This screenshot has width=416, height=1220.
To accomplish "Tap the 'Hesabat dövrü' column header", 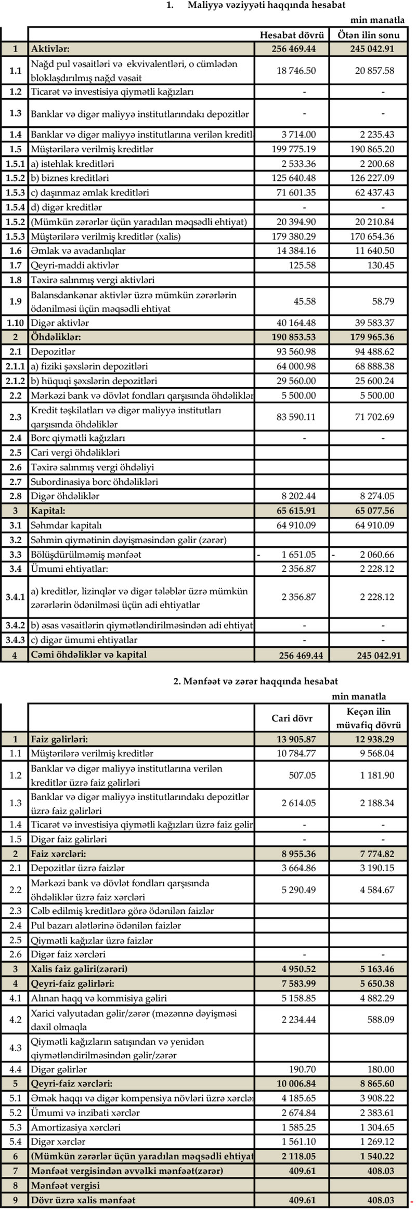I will coord(292,35).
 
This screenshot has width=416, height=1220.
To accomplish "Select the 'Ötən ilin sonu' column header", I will coord(369,35).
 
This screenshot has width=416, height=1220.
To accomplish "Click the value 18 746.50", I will coord(296,71).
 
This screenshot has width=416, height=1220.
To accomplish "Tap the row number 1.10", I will coord(15,323).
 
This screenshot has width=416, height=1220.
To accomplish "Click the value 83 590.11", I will coord(296,417).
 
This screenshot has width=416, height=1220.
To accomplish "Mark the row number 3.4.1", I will coord(15,597).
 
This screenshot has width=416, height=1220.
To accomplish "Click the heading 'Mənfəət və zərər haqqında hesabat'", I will coord(255,681).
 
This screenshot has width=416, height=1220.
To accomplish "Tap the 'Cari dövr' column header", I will coord(292,718).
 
